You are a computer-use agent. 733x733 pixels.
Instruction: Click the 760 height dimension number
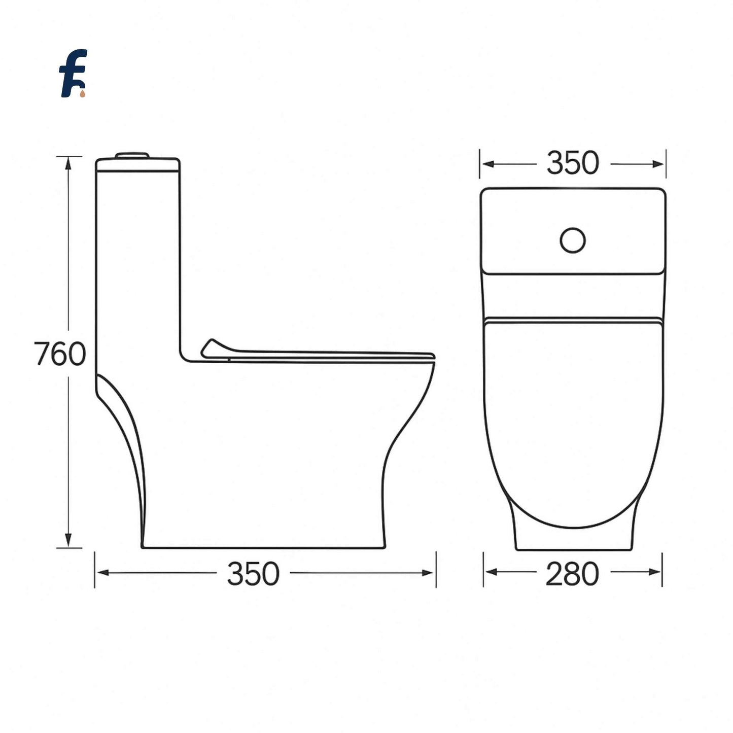[x=60, y=354]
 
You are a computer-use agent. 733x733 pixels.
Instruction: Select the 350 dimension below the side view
[x=253, y=574]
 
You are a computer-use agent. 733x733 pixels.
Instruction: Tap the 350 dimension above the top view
[x=573, y=163]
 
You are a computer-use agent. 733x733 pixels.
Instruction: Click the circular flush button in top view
[x=573, y=240]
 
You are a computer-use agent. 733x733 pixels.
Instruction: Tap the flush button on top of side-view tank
[x=133, y=155]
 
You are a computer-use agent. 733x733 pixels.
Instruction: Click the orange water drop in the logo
[x=82, y=93]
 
